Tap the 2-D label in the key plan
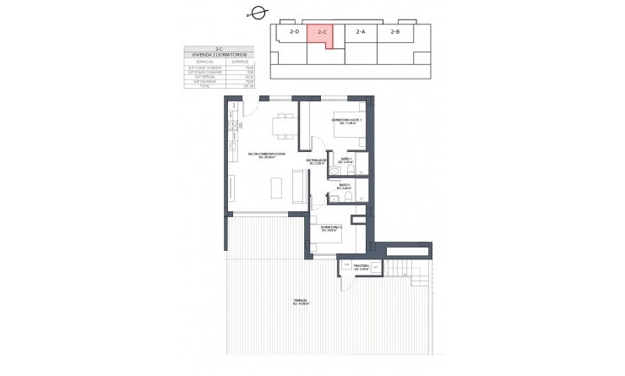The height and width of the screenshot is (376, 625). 294,31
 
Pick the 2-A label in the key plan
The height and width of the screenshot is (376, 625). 361,31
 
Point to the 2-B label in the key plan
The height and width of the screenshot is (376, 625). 394,31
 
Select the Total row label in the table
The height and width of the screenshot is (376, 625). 203,86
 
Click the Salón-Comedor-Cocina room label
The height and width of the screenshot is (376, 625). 268,154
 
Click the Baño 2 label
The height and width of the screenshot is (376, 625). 345,185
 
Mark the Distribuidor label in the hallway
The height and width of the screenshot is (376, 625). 316,161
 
